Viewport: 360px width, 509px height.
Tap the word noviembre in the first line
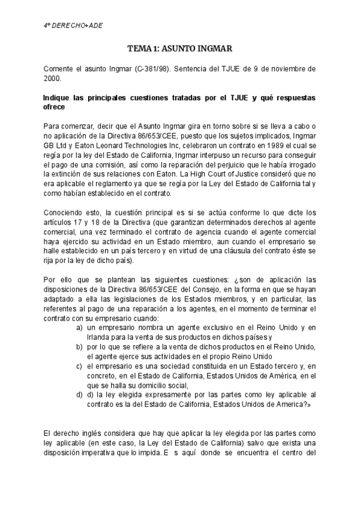pos(282,69)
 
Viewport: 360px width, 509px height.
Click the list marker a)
pos(79,327)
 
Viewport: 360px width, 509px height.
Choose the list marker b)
pos(79,347)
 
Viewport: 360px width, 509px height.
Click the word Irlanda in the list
pos(99,336)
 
